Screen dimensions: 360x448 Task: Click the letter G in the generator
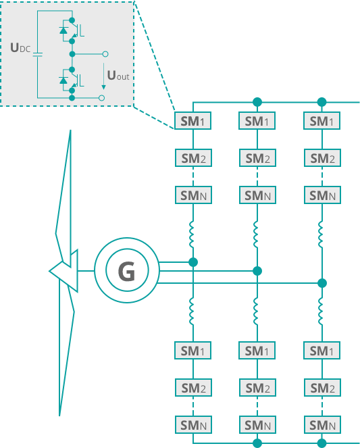(x=126, y=271)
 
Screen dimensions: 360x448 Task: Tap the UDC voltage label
(x=20, y=48)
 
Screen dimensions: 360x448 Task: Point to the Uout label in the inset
(x=118, y=76)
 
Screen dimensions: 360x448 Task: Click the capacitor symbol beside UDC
(x=37, y=54)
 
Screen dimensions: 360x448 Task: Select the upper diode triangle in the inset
(x=63, y=30)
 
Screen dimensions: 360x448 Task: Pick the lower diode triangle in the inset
(x=63, y=80)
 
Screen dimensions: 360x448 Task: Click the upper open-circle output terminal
(x=105, y=54)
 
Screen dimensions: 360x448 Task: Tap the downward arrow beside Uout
(x=103, y=76)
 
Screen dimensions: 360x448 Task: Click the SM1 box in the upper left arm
(x=192, y=121)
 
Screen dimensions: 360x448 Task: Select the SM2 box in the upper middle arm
(x=257, y=158)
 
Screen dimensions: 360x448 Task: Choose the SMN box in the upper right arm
(x=322, y=195)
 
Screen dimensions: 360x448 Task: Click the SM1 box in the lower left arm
(x=192, y=351)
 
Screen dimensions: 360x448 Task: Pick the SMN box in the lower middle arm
(x=257, y=425)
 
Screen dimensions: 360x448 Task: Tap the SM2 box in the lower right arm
(x=322, y=388)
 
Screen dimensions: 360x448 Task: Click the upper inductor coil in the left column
(x=192, y=234)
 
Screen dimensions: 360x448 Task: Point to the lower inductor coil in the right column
(x=322, y=311)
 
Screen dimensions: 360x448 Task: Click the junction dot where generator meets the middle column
(x=257, y=271)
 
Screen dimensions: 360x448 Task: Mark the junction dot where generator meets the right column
(x=322, y=283)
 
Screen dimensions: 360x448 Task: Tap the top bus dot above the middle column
(x=257, y=102)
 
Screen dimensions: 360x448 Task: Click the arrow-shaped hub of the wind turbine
(x=63, y=270)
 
